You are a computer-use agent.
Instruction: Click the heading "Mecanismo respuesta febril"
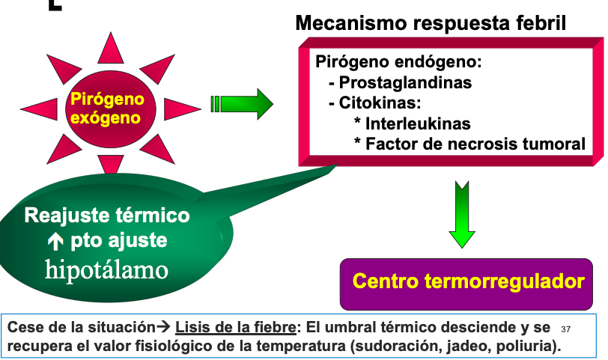(431, 23)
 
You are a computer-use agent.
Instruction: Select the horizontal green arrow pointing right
(243, 103)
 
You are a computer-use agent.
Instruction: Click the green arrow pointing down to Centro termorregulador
(462, 213)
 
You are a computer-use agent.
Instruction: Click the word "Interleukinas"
(418, 123)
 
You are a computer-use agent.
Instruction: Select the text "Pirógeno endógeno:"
(398, 61)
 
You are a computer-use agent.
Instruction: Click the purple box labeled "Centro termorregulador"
(467, 282)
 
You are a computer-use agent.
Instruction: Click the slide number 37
(565, 329)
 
